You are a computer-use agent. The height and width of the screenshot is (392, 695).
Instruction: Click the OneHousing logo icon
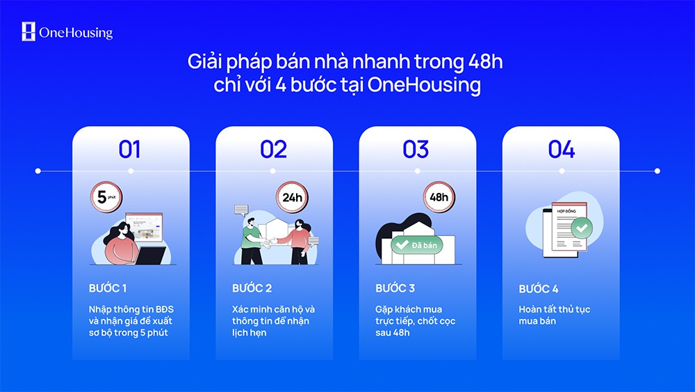coord(28,31)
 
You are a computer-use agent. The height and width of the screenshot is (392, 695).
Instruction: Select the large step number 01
coord(130,149)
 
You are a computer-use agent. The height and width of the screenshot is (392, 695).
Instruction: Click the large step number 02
coord(274,149)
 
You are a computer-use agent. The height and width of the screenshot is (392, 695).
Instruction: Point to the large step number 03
coord(416,149)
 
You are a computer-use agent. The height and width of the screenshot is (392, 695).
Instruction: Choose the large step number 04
coord(561,149)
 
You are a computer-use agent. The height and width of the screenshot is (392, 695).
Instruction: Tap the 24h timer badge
coord(291,197)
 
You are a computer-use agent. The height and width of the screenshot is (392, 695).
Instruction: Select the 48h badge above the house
coord(439,197)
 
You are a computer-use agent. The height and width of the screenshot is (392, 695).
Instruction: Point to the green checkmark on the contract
coord(581,227)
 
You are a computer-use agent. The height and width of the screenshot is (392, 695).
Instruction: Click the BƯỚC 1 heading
coord(108,288)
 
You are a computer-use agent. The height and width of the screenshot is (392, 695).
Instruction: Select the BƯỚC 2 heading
coord(252,288)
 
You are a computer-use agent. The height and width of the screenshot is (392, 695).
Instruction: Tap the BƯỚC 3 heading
coord(395,288)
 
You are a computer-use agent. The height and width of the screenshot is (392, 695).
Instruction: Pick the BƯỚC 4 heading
coord(539,288)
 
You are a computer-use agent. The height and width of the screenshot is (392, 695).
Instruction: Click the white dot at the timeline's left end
coord(38,171)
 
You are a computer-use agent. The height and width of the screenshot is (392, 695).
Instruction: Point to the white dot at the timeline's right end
coord(657,171)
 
